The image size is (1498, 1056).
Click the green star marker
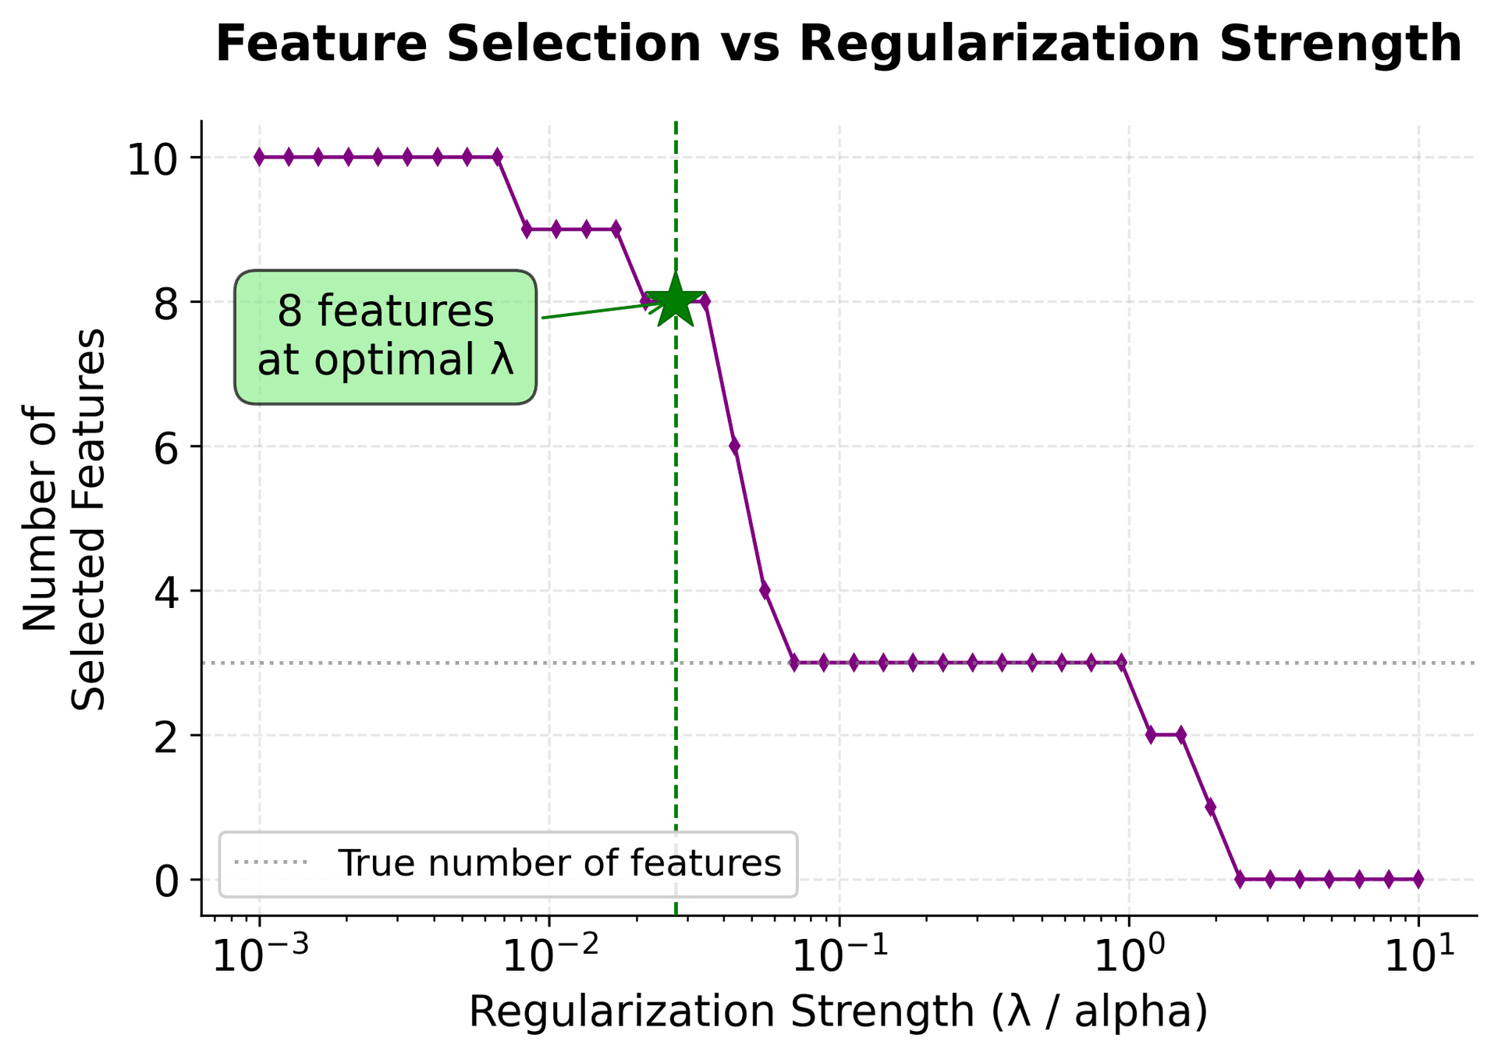point(676,300)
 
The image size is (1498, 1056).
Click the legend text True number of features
point(559,864)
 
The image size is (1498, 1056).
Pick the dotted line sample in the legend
point(272,864)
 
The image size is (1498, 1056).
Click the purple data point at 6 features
point(734,446)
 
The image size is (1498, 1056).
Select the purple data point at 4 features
point(765,591)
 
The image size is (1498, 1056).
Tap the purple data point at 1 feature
point(1210,807)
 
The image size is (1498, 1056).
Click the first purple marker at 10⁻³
point(259,158)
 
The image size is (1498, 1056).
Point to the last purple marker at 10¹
point(1418,880)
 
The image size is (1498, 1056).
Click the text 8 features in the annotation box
point(385,312)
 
